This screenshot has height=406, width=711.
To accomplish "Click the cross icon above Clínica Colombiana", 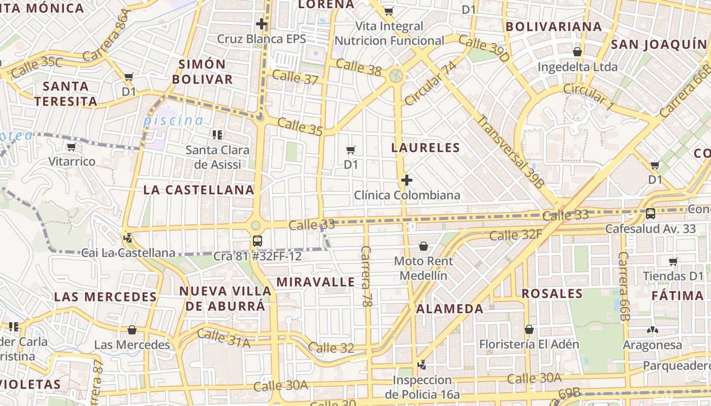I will pos(406,180).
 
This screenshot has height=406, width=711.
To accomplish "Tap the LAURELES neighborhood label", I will pos(426,148).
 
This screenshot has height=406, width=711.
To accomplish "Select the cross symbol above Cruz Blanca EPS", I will pos(262,23).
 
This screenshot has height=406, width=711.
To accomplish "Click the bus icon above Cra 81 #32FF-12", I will pos(257,241).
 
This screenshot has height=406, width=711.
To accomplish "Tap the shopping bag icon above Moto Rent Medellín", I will pos(424,246).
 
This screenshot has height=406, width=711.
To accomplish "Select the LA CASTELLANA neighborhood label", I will pos(199,190).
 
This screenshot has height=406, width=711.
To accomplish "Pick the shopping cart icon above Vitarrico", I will pos(72,147).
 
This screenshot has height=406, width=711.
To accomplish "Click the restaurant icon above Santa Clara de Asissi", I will pos(217,135).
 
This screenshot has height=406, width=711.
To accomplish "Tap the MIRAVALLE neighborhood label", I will pos(315,282).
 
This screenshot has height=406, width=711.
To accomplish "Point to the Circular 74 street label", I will pos(430,83).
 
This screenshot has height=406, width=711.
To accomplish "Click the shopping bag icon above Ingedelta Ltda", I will pos(577,52).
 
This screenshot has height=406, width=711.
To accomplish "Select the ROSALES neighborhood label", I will pos(552,293).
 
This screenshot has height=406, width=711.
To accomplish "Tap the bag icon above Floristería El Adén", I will pos(529,329).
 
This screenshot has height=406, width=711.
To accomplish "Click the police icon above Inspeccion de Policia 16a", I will pos(422,364).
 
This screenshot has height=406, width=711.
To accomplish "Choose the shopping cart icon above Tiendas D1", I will pos(673,261).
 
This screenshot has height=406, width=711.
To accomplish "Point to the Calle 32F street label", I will pos(516,235).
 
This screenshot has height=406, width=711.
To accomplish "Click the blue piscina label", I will pos(173,121).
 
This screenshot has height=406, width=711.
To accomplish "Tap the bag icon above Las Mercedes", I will pos(132,330).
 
